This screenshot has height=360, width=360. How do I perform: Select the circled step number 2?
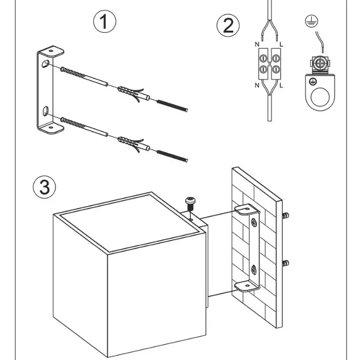click(x=228, y=26)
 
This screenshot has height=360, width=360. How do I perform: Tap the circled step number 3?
click(x=44, y=187)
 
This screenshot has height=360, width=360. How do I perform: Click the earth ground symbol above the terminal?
click(x=310, y=21)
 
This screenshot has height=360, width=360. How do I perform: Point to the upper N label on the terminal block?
click(x=257, y=45)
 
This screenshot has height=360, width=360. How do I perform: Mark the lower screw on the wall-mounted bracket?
click(x=253, y=268)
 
